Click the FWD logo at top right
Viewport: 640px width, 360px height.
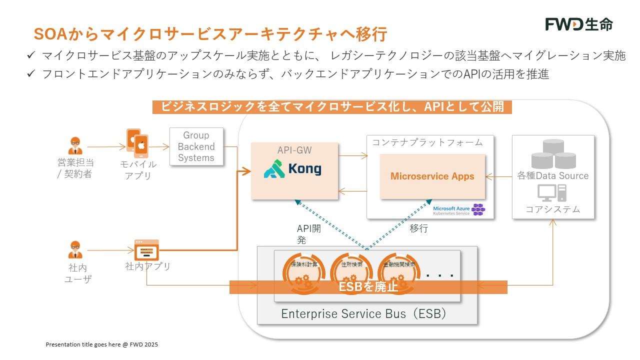coord(578,24)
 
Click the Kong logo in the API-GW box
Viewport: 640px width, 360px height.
coord(293,168)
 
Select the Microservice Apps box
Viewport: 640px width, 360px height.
coord(432,176)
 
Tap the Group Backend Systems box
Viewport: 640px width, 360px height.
coord(196,146)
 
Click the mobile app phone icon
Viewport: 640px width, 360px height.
coord(137,143)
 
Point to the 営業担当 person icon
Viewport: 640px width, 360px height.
coord(75,146)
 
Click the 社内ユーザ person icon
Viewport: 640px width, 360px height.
coord(75,249)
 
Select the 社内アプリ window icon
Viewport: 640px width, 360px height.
coord(146,249)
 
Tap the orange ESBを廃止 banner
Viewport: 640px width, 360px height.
coord(368,287)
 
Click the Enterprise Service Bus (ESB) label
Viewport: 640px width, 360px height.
coord(363,314)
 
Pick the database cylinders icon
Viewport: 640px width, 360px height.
coord(553,154)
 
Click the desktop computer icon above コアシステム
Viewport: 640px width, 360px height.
coord(552,192)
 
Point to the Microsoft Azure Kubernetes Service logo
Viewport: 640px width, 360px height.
coord(458,210)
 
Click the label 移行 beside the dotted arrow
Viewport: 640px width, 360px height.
coord(418,229)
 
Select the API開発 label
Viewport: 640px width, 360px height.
coord(308,234)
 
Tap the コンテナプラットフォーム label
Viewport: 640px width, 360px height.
coord(427,142)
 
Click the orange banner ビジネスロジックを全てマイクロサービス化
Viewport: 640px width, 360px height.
coord(332,106)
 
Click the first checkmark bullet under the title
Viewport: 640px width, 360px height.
coord(31,55)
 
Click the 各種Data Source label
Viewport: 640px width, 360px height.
coord(552,175)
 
